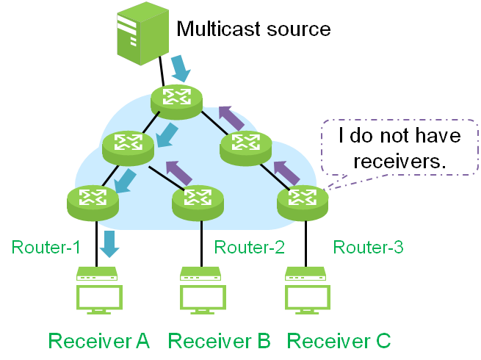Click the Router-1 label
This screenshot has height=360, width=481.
point(46,247)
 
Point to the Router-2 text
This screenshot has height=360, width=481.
point(249,247)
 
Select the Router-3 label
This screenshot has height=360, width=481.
point(368,247)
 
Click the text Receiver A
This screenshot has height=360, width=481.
point(99,341)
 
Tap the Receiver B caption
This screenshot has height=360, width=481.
point(220,341)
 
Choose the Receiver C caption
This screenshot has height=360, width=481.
point(339,341)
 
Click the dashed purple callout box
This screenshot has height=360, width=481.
point(400,147)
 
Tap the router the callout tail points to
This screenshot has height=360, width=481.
point(302,202)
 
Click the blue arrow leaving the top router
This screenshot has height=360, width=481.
point(168,135)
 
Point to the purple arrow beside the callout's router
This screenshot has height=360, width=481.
point(287,172)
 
